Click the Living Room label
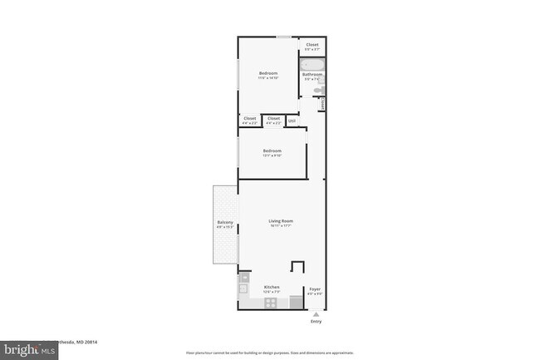(x=281, y=220)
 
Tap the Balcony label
(x=225, y=222)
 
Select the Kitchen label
(x=272, y=287)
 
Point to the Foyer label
(x=315, y=288)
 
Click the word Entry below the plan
(x=315, y=321)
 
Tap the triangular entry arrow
(x=315, y=313)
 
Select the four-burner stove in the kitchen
(x=272, y=303)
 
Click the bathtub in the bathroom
(x=312, y=64)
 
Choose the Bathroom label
(x=312, y=74)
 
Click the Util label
(x=292, y=121)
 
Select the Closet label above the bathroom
(x=312, y=45)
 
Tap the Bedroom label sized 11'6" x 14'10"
(x=268, y=74)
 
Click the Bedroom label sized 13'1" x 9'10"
(x=272, y=150)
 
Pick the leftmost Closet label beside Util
(x=250, y=119)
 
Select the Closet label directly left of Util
(x=273, y=119)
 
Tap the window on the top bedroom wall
(x=283, y=37)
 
